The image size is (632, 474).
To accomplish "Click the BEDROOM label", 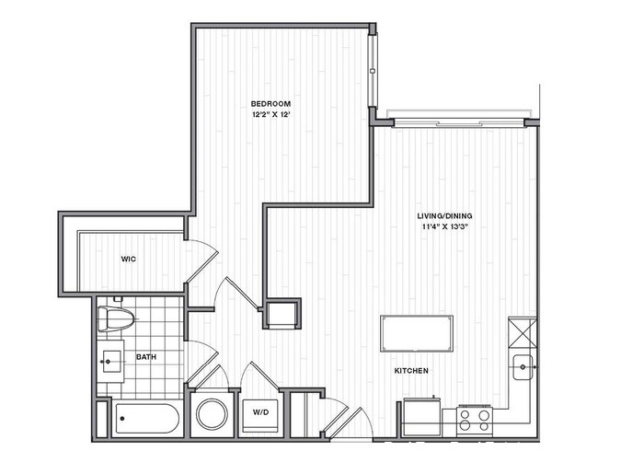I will pyautogui.click(x=272, y=103).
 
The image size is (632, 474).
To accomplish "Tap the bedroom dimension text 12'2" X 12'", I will pyautogui.click(x=272, y=116).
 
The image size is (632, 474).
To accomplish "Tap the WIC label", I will pyautogui.click(x=130, y=260).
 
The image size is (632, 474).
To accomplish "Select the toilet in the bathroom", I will pyautogui.click(x=117, y=318).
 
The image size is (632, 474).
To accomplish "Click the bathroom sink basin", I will pyautogui.click(x=114, y=360).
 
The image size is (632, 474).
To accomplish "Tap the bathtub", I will pyautogui.click(x=148, y=421).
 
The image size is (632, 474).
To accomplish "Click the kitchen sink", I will pyautogui.click(x=523, y=365).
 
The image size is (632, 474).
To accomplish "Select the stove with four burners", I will pyautogui.click(x=475, y=420).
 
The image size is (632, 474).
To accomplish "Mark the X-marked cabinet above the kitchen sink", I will pyautogui.click(x=522, y=330).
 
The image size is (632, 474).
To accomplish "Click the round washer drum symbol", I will pyautogui.click(x=213, y=413).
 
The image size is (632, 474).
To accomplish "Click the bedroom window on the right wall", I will pyautogui.click(x=373, y=64).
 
